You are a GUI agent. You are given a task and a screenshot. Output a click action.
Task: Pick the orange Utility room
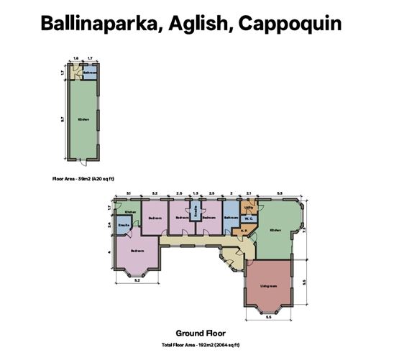tap(249, 208)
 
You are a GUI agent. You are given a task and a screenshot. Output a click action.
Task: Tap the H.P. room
tap(244, 231)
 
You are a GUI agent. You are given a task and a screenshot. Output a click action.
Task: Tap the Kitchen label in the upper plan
tap(84, 119)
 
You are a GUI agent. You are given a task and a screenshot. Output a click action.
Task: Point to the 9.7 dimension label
tap(63, 119)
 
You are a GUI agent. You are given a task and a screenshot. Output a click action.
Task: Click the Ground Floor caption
tap(201, 333)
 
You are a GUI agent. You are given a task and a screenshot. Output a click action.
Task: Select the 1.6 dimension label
tap(75, 57)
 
